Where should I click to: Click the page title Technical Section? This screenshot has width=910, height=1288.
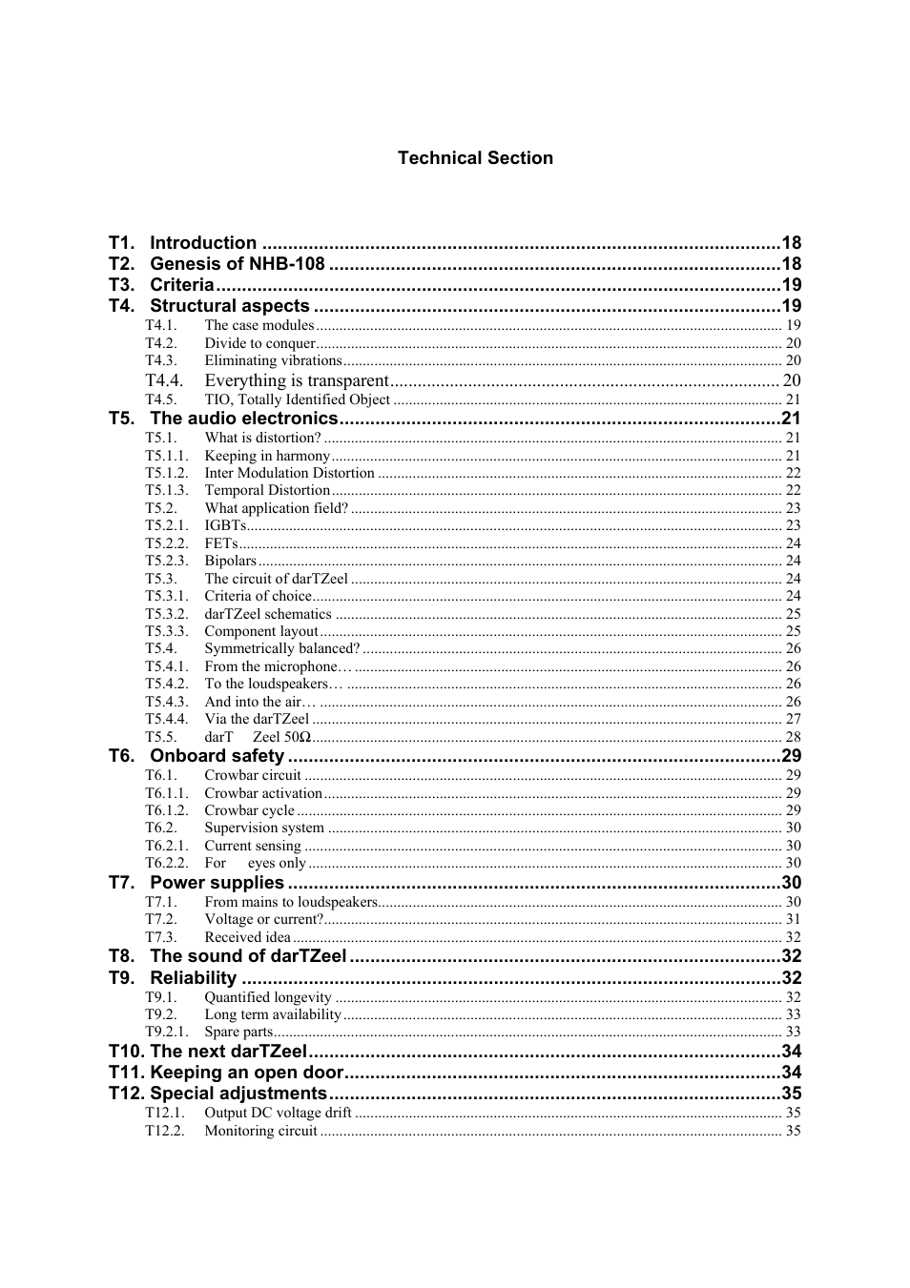[475, 158]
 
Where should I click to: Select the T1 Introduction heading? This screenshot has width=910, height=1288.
[203, 243]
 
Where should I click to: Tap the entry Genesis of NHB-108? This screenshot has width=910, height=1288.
[237, 264]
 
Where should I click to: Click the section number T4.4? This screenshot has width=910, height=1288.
[163, 380]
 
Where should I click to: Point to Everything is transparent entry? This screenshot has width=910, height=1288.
[297, 380]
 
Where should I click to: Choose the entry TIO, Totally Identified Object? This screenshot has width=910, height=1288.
[297, 399]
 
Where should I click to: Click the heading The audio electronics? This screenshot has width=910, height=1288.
[244, 419]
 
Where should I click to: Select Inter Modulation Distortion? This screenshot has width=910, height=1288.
[289, 473]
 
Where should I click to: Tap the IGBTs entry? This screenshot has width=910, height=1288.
[225, 525]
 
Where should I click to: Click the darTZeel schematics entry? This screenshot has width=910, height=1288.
[268, 614]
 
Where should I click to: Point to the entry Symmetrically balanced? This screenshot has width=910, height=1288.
[281, 648]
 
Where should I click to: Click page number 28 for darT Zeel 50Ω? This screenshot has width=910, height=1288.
[793, 737]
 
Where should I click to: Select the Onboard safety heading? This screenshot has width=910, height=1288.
[217, 756]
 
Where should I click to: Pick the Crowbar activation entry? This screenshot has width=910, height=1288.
[263, 793]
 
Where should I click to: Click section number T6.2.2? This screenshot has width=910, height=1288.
[166, 863]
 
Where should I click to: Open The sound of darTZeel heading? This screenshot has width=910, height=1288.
[248, 956]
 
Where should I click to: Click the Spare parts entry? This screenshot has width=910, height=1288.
[238, 1032]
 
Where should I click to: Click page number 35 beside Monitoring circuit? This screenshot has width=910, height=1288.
[793, 1131]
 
